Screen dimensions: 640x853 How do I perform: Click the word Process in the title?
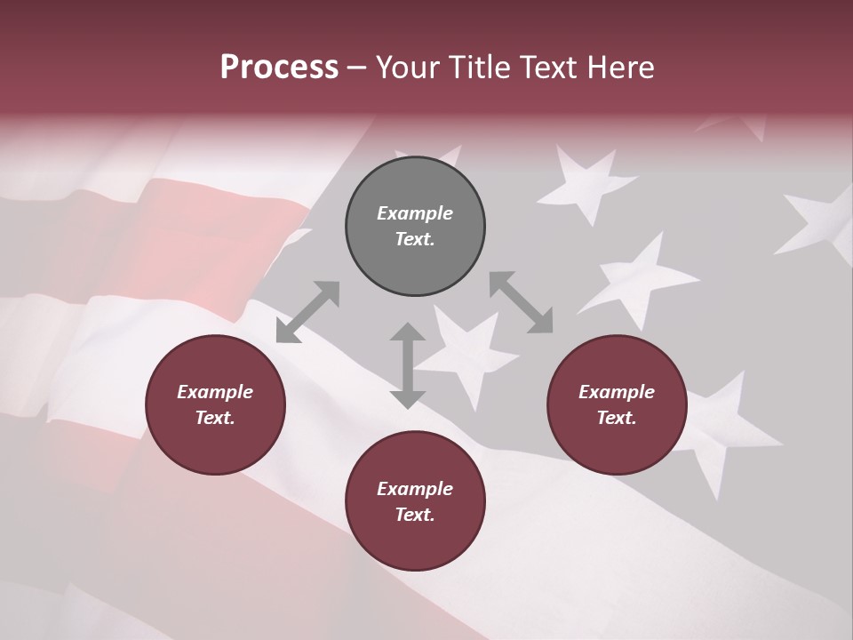pyautogui.click(x=279, y=68)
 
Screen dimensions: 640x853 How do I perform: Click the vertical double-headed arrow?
pyautogui.click(x=408, y=365)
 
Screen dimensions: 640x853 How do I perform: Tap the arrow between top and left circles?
pyautogui.click(x=307, y=312)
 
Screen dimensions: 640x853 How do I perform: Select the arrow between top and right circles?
pyautogui.click(x=521, y=302)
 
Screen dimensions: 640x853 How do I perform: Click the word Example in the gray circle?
pyautogui.click(x=415, y=213)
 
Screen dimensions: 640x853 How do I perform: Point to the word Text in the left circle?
pyautogui.click(x=215, y=418)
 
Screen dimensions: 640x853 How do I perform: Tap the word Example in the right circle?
pyautogui.click(x=617, y=392)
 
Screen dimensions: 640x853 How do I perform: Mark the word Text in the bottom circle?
pyautogui.click(x=415, y=515)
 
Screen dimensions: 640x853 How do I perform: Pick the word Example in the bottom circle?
pyautogui.click(x=415, y=489)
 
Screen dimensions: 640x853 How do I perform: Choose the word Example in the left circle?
pyautogui.click(x=215, y=392)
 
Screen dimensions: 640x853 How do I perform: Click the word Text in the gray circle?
pyautogui.click(x=415, y=239)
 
